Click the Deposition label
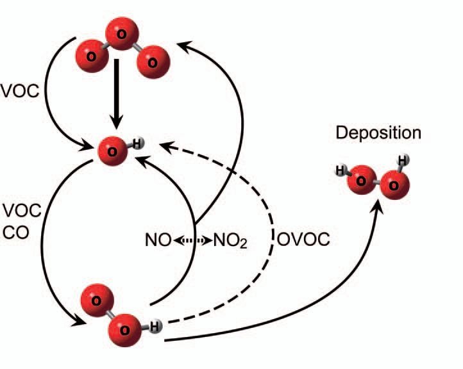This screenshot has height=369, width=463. pyautogui.click(x=379, y=133)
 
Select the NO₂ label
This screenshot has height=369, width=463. pyautogui.click(x=229, y=241)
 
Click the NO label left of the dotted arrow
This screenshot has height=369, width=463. pyautogui.click(x=158, y=241)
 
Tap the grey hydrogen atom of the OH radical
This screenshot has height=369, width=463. pyautogui.click(x=137, y=144)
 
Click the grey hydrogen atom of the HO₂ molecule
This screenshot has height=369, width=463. pyautogui.click(x=156, y=327)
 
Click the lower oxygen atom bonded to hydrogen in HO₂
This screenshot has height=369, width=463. pyautogui.click(x=124, y=328)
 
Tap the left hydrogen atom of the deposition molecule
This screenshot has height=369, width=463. pyautogui.click(x=341, y=170)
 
